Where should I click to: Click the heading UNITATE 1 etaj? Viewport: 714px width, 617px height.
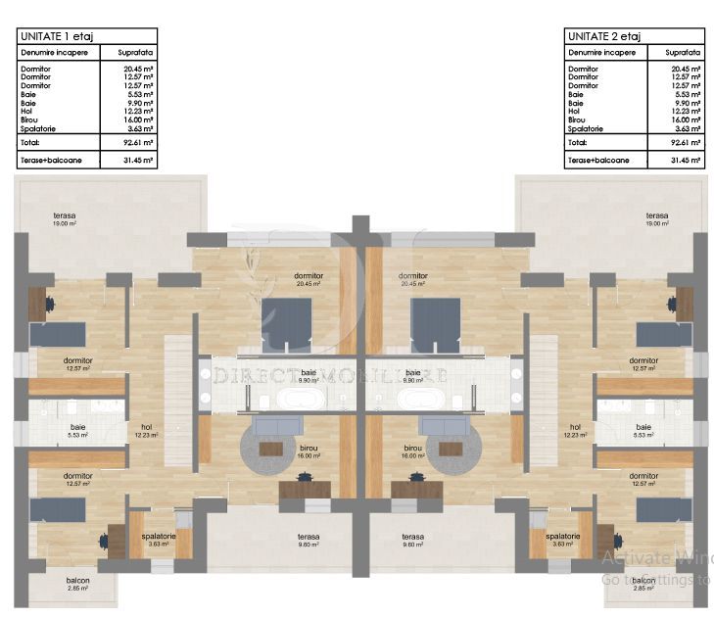[50, 35]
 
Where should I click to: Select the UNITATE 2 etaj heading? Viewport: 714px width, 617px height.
[599, 35]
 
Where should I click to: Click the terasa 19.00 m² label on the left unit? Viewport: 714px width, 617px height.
[66, 218]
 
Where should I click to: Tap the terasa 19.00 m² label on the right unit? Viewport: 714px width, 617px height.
[656, 218]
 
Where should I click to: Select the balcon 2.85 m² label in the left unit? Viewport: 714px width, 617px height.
[77, 584]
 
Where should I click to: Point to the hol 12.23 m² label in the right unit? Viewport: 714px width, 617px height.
[575, 431]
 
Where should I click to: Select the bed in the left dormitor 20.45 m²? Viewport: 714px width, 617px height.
[286, 323]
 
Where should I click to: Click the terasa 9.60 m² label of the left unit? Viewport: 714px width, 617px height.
[310, 540]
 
